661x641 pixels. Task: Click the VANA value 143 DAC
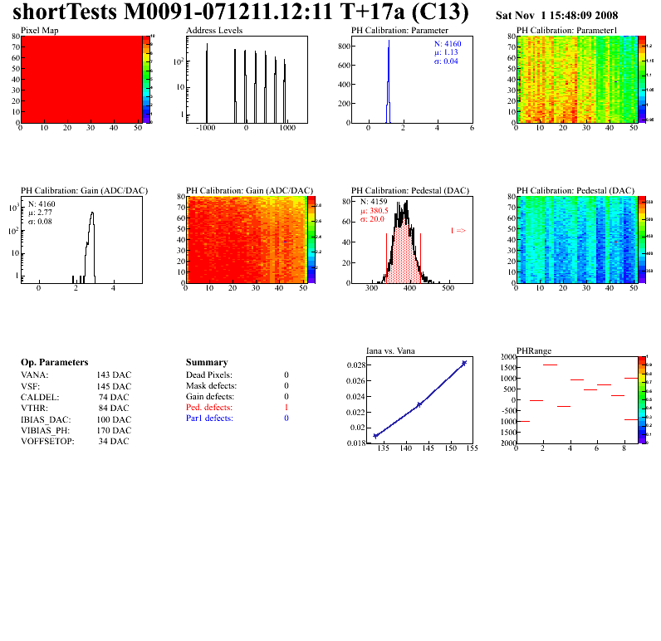[x=114, y=375]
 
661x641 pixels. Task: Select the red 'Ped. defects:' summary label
[x=208, y=408]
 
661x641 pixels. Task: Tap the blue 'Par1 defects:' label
[x=209, y=418]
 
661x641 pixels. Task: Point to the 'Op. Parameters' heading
[x=54, y=363]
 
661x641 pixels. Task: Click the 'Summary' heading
[x=207, y=363]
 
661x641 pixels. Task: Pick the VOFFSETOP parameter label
[x=47, y=441]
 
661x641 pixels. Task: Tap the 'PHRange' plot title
[x=534, y=350]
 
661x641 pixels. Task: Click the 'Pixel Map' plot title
[x=39, y=30]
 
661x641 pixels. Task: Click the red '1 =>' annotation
[x=458, y=230]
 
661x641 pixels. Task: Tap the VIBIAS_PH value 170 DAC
[x=114, y=430]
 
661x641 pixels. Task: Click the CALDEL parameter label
[x=37, y=397]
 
